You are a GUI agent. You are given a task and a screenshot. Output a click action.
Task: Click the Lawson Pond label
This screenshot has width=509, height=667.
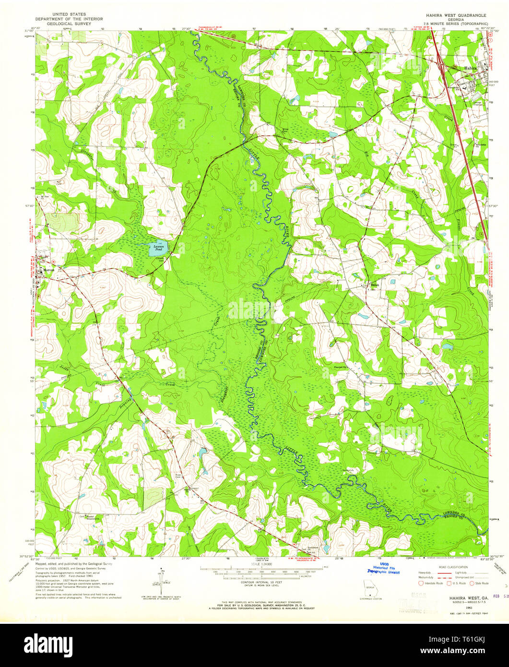tap(158, 248)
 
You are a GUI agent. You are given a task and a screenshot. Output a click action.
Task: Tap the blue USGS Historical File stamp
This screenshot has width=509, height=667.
tap(383, 569)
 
